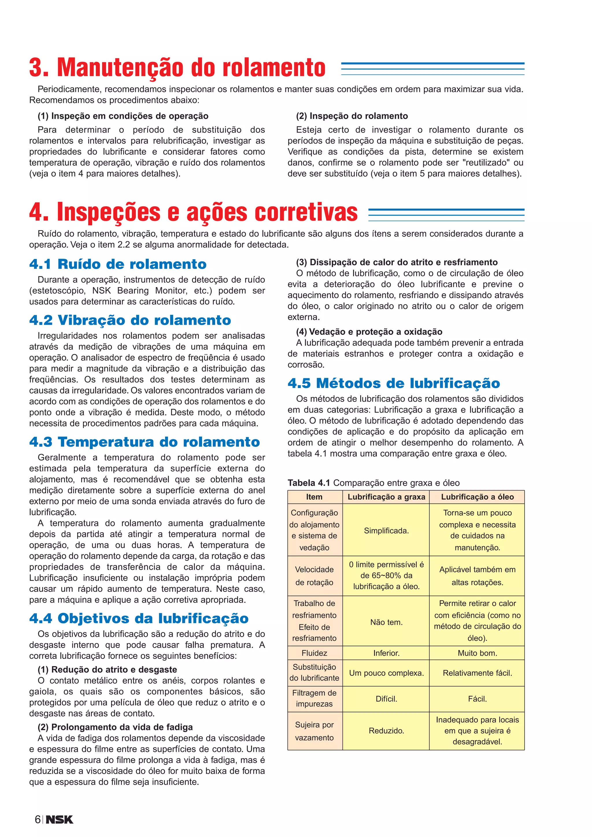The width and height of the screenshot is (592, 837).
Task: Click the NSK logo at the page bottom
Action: pyautogui.click(x=60, y=819)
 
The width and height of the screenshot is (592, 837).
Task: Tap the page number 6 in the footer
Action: pyautogui.click(x=38, y=819)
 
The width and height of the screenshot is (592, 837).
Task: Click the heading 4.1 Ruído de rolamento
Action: pyautogui.click(x=118, y=264)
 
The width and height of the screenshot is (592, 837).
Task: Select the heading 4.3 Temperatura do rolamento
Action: pyautogui.click(x=144, y=442)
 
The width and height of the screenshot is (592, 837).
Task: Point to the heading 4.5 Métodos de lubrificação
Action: pyautogui.click(x=394, y=383)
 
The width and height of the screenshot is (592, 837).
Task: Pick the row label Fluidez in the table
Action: pyautogui.click(x=314, y=653)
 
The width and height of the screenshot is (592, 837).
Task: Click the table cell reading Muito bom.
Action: pyautogui.click(x=477, y=653)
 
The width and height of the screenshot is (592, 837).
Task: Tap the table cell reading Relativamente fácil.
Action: pyautogui.click(x=477, y=673)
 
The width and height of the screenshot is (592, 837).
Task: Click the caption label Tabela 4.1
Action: pyautogui.click(x=309, y=483)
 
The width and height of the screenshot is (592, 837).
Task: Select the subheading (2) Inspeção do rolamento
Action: pyautogui.click(x=352, y=116)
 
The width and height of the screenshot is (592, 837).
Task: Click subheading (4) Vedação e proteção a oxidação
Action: pyautogui.click(x=369, y=331)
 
